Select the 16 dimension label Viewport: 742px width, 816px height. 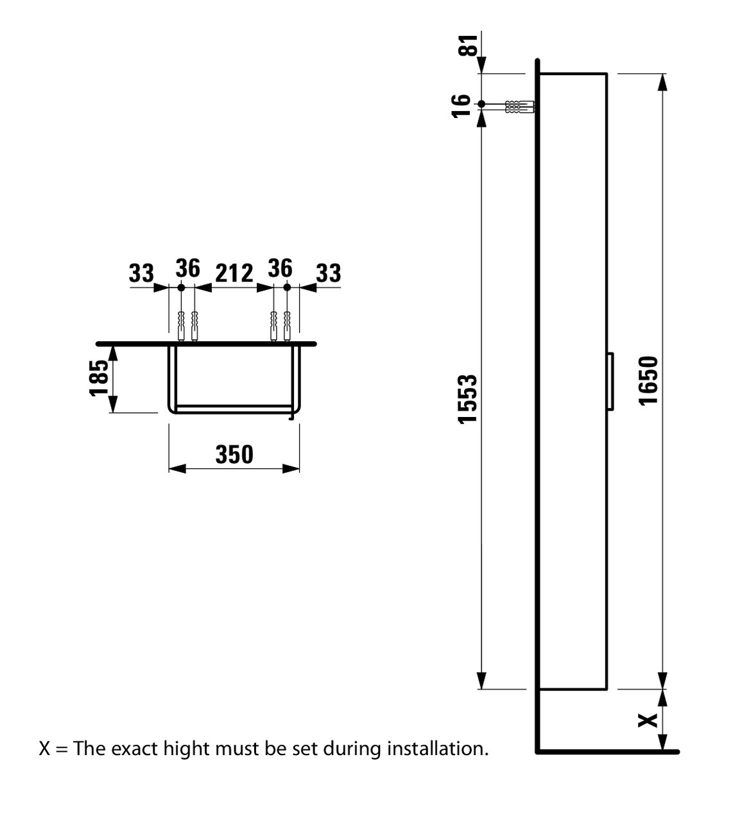pyautogui.click(x=461, y=105)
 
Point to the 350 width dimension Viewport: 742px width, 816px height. pyautogui.click(x=234, y=454)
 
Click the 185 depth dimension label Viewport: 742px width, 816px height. pyautogui.click(x=98, y=378)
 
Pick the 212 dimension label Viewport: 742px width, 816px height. pyautogui.click(x=234, y=273)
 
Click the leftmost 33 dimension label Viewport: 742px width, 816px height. pyautogui.click(x=141, y=273)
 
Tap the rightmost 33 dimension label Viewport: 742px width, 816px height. pyautogui.click(x=329, y=273)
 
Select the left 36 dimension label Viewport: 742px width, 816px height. pyautogui.click(x=187, y=268)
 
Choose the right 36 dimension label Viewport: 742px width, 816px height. pyautogui.click(x=280, y=268)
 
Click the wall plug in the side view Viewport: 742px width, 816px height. pyautogui.click(x=520, y=106)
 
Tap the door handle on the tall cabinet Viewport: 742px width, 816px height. pyautogui.click(x=610, y=380)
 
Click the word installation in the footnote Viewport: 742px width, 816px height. pyautogui.click(x=438, y=748)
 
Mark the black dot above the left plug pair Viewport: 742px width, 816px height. pyautogui.click(x=180, y=288)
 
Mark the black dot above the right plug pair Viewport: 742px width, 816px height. pyautogui.click(x=288, y=288)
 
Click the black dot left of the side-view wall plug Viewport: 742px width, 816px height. pyautogui.click(x=481, y=103)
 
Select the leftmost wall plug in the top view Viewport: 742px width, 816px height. pyautogui.click(x=180, y=325)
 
